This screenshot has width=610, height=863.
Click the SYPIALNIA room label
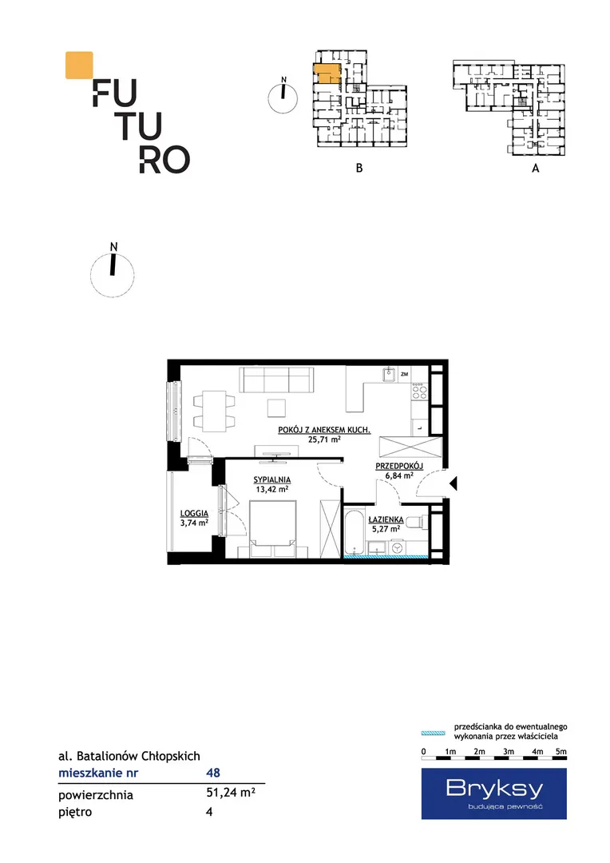[272, 480]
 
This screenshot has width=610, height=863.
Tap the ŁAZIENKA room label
[386, 519]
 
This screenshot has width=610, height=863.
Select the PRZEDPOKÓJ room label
[399, 466]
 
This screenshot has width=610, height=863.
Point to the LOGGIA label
[194, 514]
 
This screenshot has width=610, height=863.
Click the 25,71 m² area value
[324, 439]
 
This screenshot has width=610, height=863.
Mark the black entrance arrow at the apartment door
[454, 483]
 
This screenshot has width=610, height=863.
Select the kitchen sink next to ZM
[390, 374]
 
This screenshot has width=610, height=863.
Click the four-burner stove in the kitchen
[419, 392]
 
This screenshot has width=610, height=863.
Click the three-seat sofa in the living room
[277, 380]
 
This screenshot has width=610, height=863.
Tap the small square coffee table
[277, 408]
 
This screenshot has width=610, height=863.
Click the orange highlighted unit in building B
[327, 74]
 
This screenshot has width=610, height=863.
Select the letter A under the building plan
[535, 169]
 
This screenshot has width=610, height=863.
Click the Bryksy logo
[494, 793]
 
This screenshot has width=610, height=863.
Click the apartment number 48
[213, 773]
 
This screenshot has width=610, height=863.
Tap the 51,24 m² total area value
[231, 792]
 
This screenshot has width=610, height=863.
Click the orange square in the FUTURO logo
[79, 65]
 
